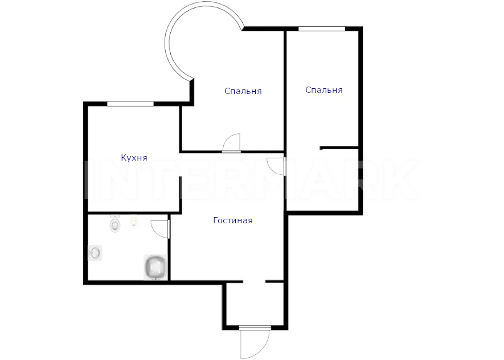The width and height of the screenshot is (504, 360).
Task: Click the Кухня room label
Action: (x=134, y=157)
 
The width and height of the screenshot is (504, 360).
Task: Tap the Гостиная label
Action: (x=233, y=220)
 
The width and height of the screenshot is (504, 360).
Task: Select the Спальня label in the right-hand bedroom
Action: (x=323, y=89)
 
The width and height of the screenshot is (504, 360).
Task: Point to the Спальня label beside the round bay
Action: (x=243, y=91)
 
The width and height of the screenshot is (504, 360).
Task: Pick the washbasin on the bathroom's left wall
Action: (x=95, y=253)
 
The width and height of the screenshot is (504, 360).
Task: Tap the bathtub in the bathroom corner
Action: (x=155, y=267)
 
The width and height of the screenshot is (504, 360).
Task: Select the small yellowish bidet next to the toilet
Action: (x=134, y=222)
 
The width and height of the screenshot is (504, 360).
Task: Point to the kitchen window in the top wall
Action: (x=130, y=104)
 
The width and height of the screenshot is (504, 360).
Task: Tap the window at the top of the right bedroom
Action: (x=322, y=29)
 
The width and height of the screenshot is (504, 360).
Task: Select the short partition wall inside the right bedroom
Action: (x=339, y=148)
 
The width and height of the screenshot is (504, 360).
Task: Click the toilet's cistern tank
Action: (x=114, y=216)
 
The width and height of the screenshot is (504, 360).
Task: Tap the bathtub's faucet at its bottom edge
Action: (x=156, y=279)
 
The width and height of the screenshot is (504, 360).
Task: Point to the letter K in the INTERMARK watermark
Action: (x=400, y=179)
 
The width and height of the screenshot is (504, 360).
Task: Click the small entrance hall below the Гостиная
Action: (x=255, y=304)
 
